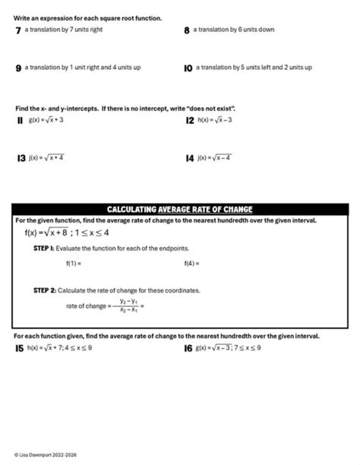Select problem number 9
coord(17,68)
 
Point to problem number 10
coord(188,68)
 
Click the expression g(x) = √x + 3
coord(46,120)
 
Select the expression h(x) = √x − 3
coord(214,120)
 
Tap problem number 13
coord(21,159)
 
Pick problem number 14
coord(189,159)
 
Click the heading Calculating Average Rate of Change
coord(179,209)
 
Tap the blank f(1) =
coord(73,264)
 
